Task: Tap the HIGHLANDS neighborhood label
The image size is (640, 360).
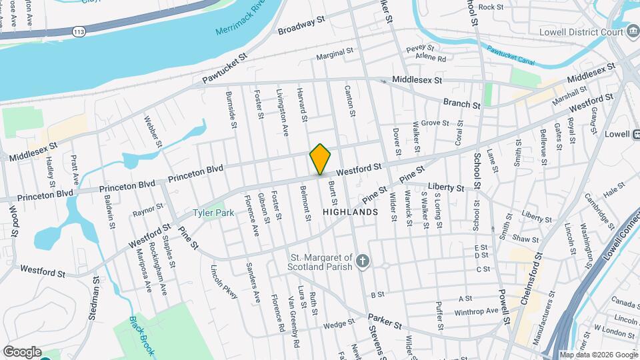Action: tap(350, 211)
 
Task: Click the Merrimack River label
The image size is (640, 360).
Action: tap(241, 19)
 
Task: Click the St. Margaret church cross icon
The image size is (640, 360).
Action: tap(362, 261)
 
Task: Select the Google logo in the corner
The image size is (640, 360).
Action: tap(22, 352)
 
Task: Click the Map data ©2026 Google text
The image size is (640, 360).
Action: tap(598, 355)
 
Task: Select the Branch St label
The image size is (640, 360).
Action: tap(462, 105)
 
